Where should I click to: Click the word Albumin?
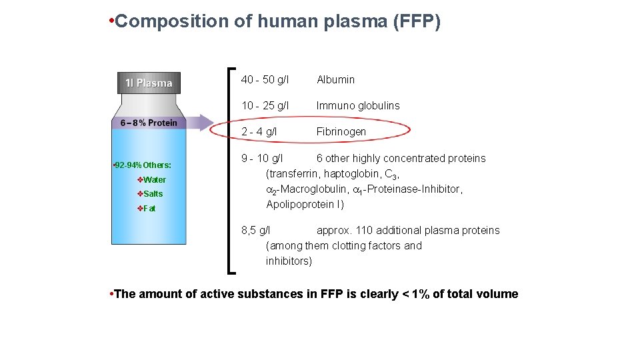tap(335, 80)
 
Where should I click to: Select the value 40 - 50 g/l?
tap(265, 80)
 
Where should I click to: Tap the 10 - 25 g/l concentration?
tap(265, 106)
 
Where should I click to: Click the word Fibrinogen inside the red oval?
tap(341, 132)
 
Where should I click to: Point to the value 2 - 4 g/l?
tap(259, 132)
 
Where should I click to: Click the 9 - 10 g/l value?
tap(262, 159)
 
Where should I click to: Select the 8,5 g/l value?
tap(255, 231)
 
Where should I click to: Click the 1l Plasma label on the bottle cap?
tap(149, 83)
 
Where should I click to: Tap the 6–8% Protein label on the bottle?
tap(149, 123)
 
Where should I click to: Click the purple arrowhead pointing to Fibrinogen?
tap(205, 122)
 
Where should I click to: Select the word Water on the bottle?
tap(155, 180)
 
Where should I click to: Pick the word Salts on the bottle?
tap(153, 194)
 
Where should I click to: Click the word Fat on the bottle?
tap(149, 209)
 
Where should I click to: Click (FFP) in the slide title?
tap(417, 21)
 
